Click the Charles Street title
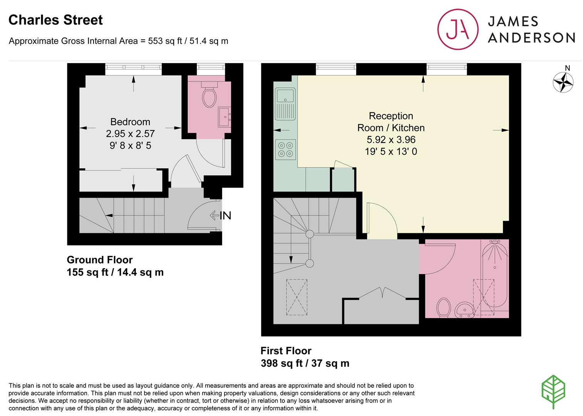55,20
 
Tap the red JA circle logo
458,29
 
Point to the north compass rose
563,82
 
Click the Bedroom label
130,122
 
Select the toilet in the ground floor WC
209,94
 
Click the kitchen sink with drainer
285,104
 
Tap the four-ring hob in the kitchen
285,149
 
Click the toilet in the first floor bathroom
444,308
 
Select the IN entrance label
225,216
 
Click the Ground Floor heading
100,260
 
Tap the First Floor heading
286,351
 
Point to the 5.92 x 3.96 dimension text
391,139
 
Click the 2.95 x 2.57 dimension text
130,134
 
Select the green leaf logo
553,392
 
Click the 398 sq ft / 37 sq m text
305,363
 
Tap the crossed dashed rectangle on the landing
297,297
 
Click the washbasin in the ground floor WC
224,117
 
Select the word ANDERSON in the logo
531,38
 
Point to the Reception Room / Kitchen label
391,122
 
